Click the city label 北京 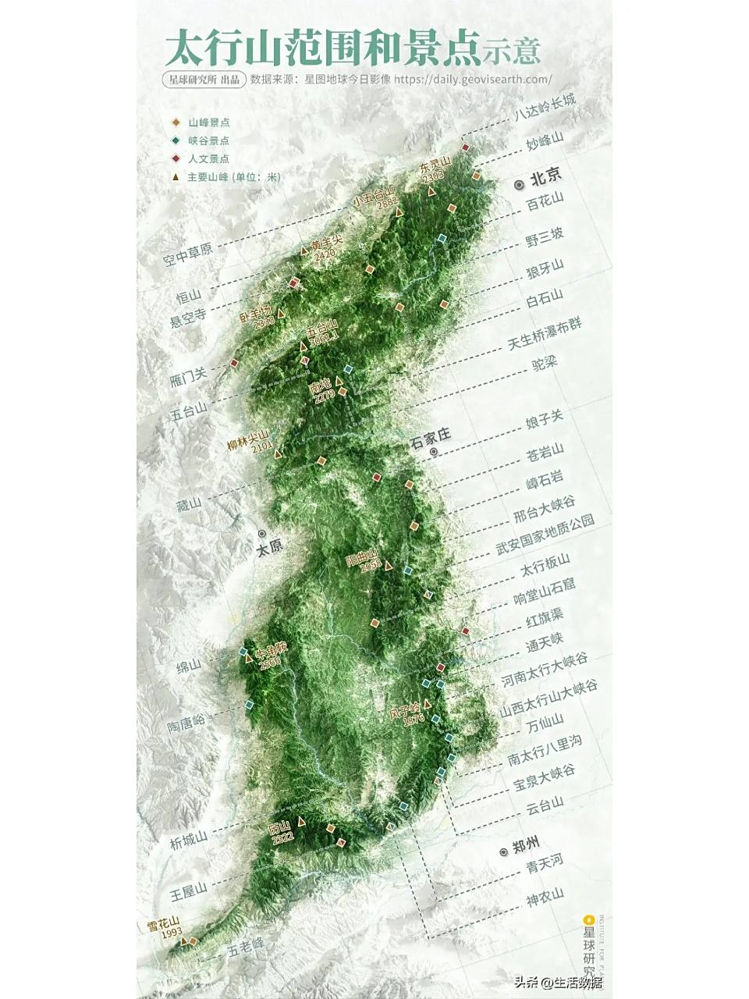point(545,177)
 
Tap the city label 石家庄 point(430,438)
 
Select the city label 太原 point(270,547)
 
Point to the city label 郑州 point(526,847)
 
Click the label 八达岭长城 point(545,108)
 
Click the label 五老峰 point(247,947)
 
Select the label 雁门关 point(188,376)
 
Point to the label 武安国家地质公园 point(545,535)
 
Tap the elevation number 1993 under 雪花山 point(170,932)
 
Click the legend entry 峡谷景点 point(208,140)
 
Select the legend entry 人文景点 point(208,158)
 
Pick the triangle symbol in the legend point(176,177)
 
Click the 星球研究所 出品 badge point(204,80)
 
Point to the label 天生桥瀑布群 point(545,335)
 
